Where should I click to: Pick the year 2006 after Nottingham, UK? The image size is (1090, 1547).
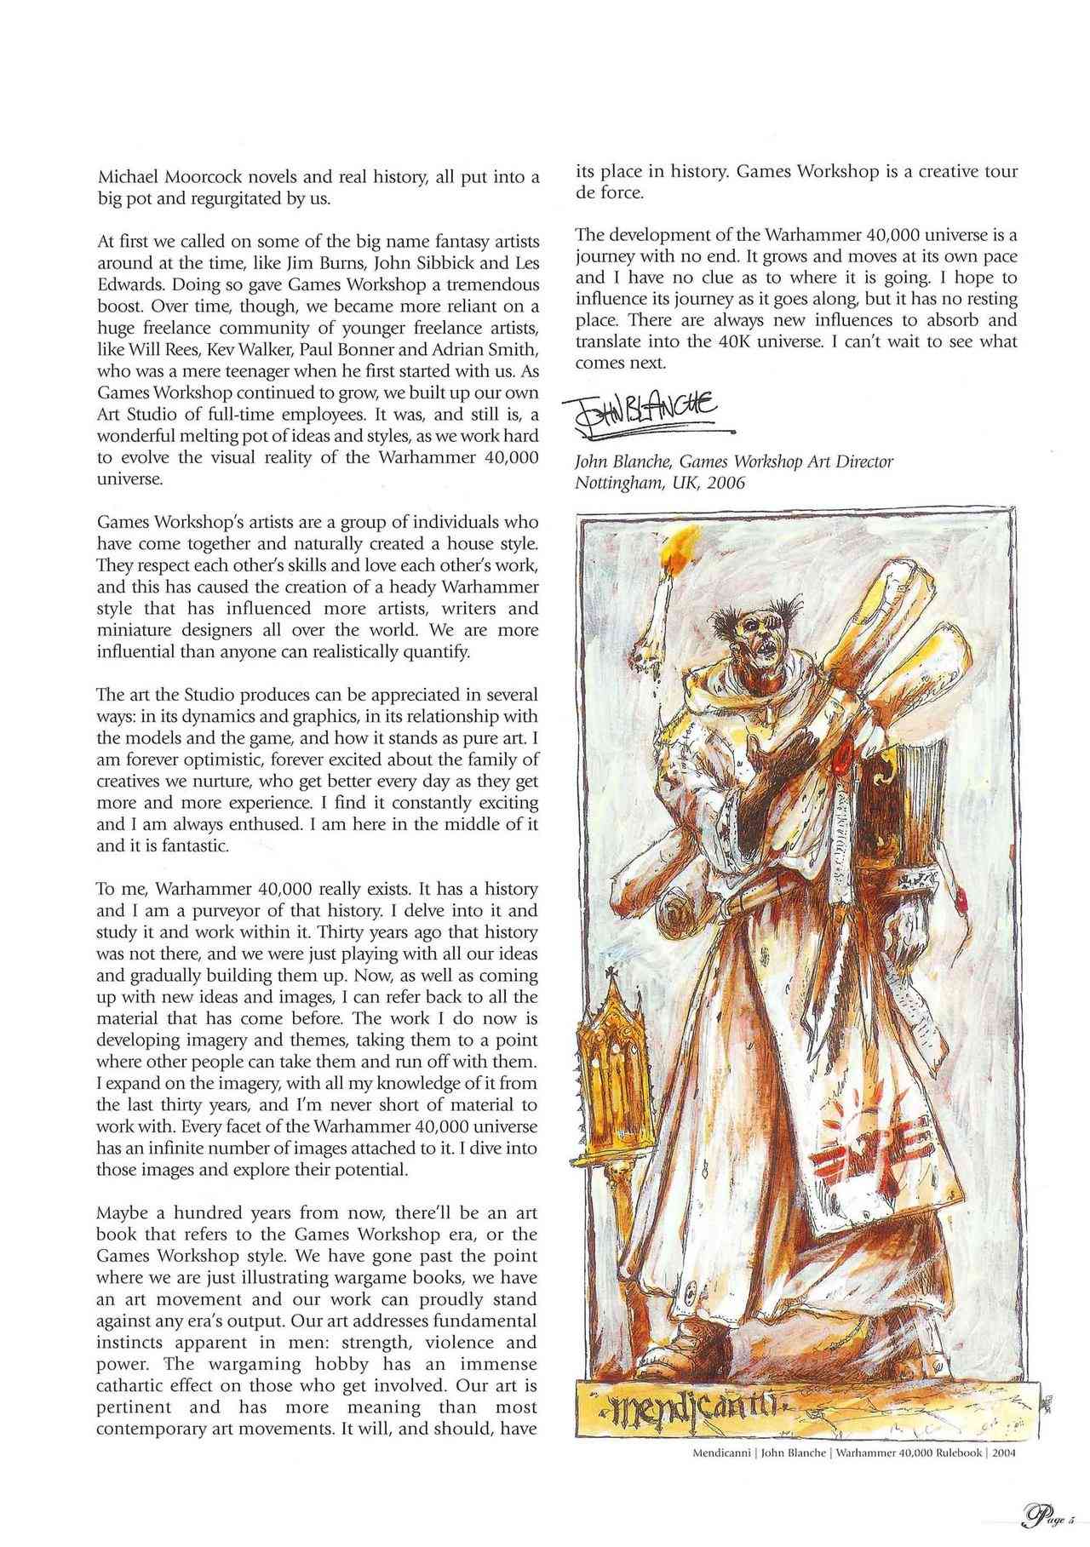726,483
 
